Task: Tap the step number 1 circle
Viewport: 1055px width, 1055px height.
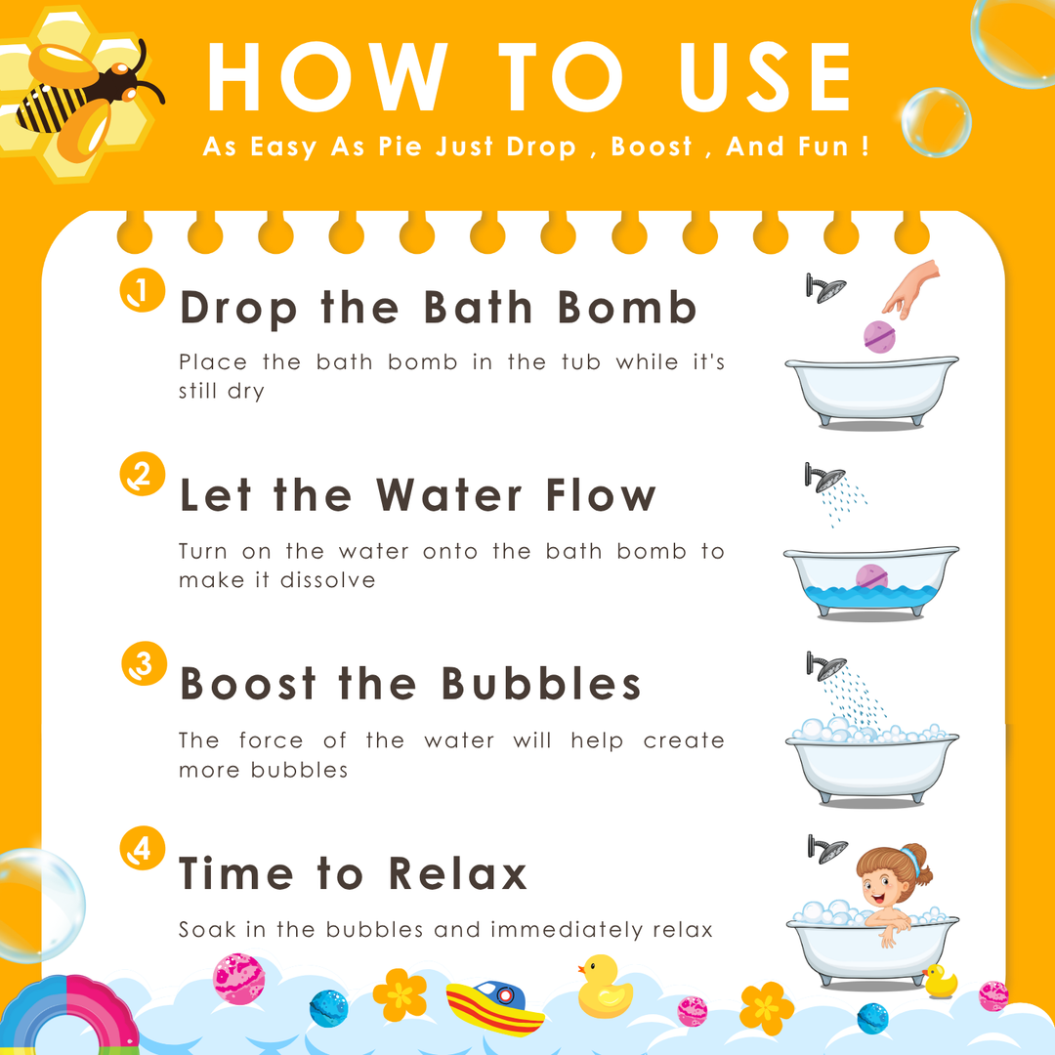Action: [x=143, y=290]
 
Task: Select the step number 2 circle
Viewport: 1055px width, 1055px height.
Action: [x=143, y=474]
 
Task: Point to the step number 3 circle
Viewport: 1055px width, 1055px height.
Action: [x=144, y=663]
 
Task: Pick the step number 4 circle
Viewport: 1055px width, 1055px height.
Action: [x=143, y=848]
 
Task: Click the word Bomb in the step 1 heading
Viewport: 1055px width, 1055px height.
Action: [x=627, y=308]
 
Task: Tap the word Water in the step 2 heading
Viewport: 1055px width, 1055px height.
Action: [x=448, y=495]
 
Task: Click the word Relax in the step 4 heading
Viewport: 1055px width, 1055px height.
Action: [x=457, y=873]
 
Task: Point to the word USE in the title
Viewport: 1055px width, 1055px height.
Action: [x=766, y=77]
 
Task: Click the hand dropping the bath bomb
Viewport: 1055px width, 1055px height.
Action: [x=911, y=289]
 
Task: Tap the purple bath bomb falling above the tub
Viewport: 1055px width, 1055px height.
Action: [x=879, y=337]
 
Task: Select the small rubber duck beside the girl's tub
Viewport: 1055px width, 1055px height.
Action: [x=940, y=982]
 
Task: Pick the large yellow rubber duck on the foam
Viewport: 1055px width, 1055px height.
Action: [x=604, y=987]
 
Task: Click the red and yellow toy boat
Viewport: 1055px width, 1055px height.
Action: [x=494, y=1007]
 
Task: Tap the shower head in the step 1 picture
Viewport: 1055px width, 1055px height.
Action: [x=825, y=288]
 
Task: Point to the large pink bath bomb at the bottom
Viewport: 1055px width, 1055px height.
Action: [x=238, y=979]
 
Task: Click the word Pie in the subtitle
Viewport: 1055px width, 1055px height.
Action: [x=400, y=146]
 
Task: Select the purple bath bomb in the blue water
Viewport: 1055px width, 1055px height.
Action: [x=871, y=577]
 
